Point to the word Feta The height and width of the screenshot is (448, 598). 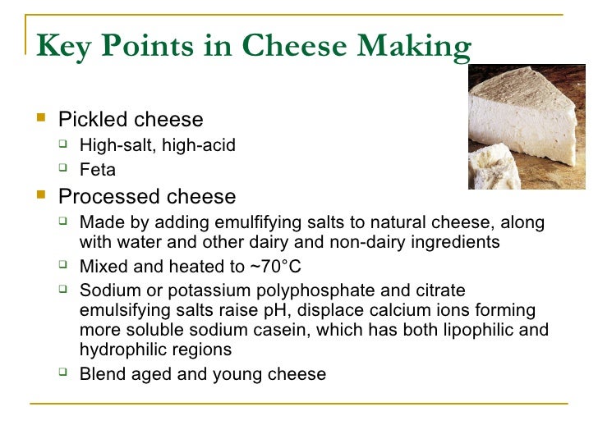(x=98, y=171)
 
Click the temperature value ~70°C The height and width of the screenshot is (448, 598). (x=271, y=267)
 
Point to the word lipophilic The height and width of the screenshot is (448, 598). (x=467, y=330)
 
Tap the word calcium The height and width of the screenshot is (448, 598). (x=392, y=310)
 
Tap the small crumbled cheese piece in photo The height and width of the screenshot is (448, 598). (x=495, y=169)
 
